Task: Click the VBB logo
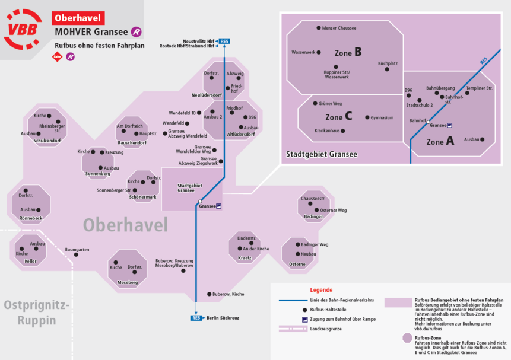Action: (23, 29)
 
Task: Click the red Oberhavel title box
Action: (78, 18)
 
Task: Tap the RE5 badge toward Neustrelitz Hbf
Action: (224, 41)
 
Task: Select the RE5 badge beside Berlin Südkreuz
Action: (196, 318)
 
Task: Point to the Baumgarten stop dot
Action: (76, 255)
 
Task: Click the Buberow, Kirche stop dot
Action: (210, 294)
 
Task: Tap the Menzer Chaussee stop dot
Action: (318, 28)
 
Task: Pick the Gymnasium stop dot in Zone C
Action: (367, 117)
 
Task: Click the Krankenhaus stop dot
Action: (343, 131)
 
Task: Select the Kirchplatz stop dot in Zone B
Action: (387, 69)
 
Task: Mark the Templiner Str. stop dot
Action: (467, 93)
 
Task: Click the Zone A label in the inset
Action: (440, 141)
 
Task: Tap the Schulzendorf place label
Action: (47, 141)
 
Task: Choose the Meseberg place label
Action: (128, 282)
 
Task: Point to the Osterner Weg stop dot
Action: (316, 210)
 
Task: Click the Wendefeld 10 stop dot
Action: (199, 113)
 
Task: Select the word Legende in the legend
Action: (321, 290)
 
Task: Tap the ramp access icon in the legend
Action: (304, 320)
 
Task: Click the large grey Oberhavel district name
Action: (125, 225)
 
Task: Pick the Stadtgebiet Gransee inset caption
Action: (321, 154)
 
